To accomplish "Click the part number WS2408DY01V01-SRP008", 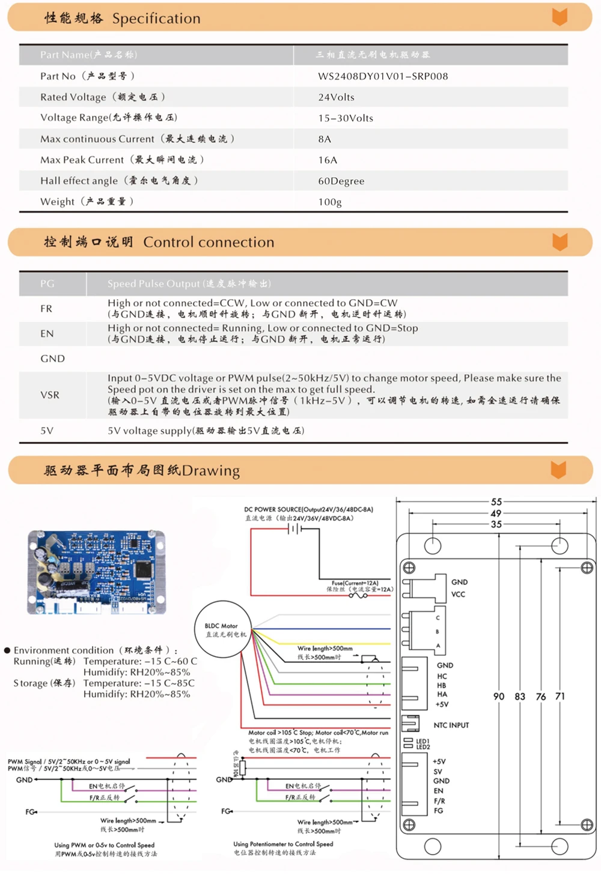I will click(x=383, y=76).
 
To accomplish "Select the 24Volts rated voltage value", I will click(x=336, y=97).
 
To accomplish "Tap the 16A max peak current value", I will click(x=328, y=160).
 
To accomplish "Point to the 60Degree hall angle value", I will click(x=341, y=181).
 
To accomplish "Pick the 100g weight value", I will click(x=329, y=202).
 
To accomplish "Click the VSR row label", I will click(x=50, y=395).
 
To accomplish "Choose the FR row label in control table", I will click(x=46, y=309).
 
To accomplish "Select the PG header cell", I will click(x=47, y=283).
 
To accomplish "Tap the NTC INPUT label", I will click(x=451, y=725).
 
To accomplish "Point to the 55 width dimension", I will click(x=496, y=502).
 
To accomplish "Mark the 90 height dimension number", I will click(x=499, y=697).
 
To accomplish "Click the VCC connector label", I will click(x=458, y=595).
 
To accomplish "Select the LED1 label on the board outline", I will click(x=423, y=741).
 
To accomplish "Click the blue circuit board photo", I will click(x=97, y=572).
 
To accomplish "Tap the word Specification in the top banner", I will click(x=156, y=19).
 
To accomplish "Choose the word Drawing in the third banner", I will click(x=211, y=471).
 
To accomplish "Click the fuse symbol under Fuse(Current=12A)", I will click(x=358, y=596).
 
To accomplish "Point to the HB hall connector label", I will click(x=442, y=685).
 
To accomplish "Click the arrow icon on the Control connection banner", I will click(x=560, y=242).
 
